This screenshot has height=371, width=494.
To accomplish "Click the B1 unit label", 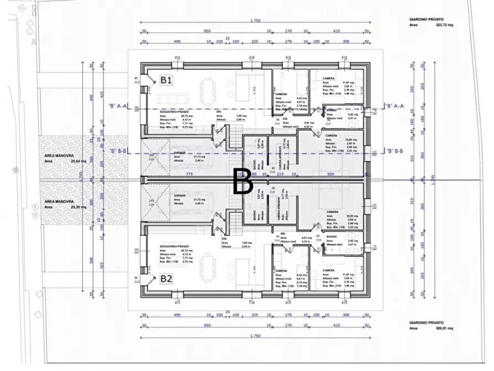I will [x=166, y=80].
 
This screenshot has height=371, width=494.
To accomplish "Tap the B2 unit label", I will [x=166, y=279].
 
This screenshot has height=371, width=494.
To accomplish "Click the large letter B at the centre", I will [x=242, y=182].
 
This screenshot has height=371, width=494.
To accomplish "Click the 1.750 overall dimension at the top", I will [x=255, y=21].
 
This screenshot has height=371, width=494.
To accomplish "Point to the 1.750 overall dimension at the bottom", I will [x=255, y=336].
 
